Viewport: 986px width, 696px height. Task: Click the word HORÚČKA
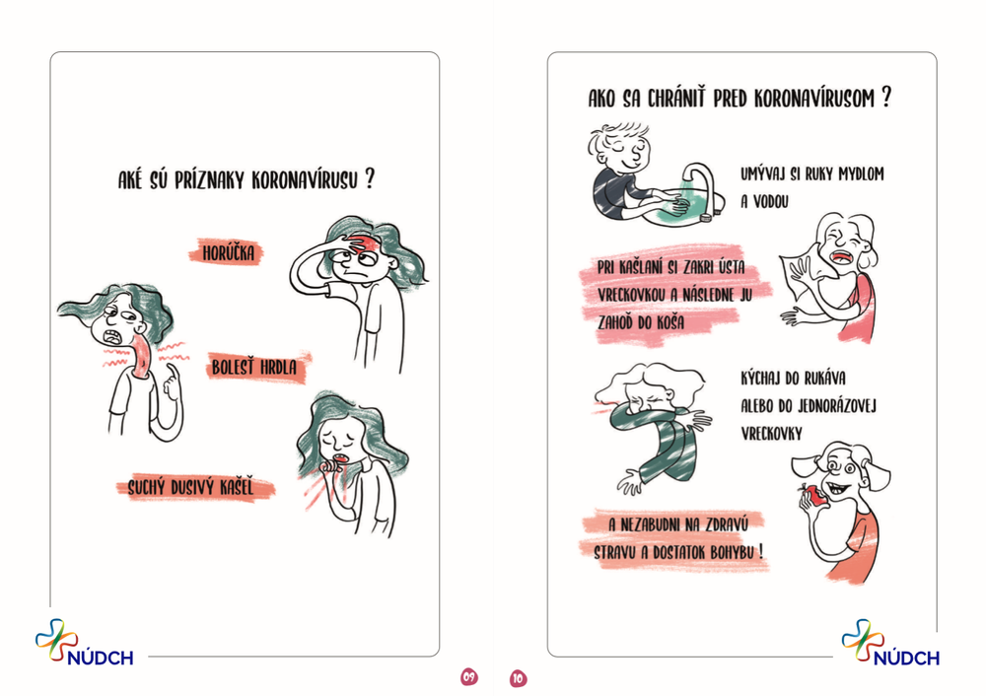(229, 253)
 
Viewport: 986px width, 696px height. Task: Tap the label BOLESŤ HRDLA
(254, 367)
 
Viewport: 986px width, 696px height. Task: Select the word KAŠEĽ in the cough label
(237, 487)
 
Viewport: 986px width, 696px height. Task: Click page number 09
(469, 677)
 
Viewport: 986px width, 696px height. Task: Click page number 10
(518, 678)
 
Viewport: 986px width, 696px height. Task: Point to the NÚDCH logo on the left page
(84, 643)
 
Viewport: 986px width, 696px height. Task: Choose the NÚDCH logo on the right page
(890, 643)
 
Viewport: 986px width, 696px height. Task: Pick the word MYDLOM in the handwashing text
(862, 174)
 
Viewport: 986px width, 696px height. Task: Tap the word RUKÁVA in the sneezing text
(824, 378)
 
